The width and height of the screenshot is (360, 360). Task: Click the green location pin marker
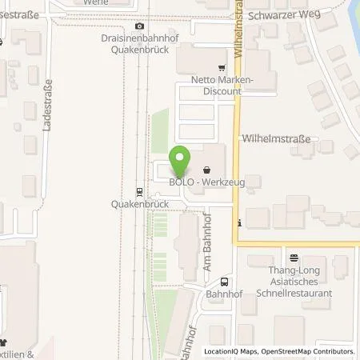point(179,163)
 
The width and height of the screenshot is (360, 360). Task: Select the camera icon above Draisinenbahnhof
point(140,26)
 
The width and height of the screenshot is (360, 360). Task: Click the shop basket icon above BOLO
point(207,170)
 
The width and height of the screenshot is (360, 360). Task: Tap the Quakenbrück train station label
point(138,204)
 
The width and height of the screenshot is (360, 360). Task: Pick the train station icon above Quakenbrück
point(139,191)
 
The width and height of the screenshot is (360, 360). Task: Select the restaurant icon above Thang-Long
point(294,258)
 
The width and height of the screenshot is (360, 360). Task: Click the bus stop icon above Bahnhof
point(223,282)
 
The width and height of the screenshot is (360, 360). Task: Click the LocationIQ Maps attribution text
point(231,351)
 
